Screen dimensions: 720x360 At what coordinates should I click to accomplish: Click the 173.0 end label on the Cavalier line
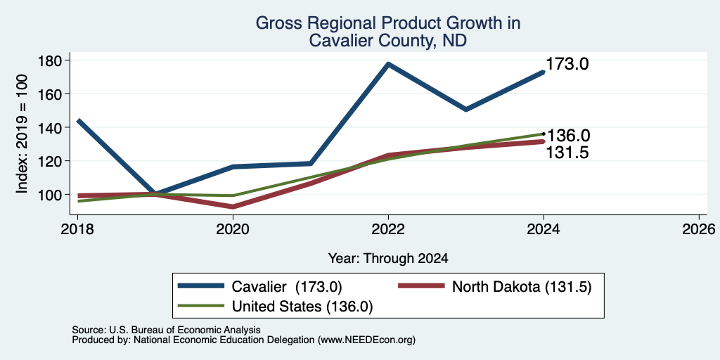point(567,64)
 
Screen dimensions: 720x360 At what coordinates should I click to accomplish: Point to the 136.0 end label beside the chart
point(567,136)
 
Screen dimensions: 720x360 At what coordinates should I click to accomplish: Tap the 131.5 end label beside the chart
point(567,153)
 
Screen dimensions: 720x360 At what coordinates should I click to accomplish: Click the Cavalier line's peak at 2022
point(388,64)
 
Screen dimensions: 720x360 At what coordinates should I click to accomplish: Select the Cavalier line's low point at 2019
point(155,194)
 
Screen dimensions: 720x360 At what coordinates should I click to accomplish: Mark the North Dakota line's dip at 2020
point(233,207)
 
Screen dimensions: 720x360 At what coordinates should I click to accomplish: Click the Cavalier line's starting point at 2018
point(79,121)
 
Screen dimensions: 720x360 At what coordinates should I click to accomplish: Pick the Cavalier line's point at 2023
point(466,109)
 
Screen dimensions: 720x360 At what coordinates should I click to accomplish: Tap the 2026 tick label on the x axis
point(699,229)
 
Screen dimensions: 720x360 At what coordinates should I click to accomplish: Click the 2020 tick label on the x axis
point(233,229)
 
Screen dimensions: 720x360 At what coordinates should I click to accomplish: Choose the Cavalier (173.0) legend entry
point(260,286)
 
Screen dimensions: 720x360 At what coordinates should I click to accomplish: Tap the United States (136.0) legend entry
point(275,307)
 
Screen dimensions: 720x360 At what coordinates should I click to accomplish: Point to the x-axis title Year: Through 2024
point(388,259)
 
